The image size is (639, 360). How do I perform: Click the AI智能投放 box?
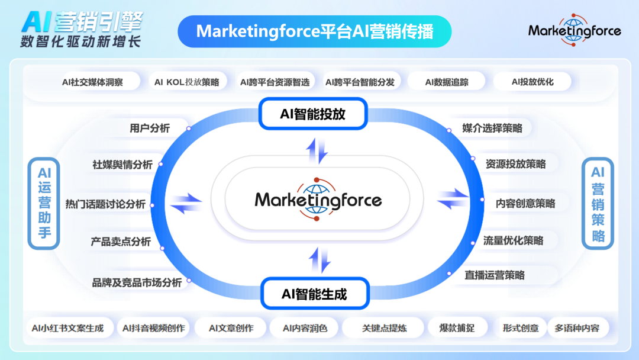point(313,114)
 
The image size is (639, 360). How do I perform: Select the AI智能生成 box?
point(315,294)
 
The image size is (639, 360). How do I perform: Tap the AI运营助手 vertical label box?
point(44,204)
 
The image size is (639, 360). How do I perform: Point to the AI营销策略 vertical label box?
point(598,204)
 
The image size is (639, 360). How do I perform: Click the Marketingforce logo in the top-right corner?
point(574,30)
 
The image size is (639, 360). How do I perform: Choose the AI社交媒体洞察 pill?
point(92,82)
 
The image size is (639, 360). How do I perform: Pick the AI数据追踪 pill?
point(447,82)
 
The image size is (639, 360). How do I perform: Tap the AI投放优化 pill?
point(532,82)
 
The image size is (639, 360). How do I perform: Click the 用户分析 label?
point(150,128)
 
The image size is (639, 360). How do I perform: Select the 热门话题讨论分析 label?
point(105,204)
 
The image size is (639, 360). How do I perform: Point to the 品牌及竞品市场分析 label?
point(137,282)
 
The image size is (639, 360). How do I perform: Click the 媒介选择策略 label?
point(492,128)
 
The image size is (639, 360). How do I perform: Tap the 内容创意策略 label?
point(525,204)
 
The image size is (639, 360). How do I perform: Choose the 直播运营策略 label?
point(494,275)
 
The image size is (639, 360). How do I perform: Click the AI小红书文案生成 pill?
point(68,328)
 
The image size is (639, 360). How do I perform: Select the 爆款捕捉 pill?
point(457,328)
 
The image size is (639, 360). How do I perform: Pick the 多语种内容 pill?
point(577,328)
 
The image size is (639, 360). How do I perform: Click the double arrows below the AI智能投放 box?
point(317,151)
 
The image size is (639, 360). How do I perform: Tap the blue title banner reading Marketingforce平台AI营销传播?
point(315,31)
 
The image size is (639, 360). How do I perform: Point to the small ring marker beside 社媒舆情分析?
point(160,164)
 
